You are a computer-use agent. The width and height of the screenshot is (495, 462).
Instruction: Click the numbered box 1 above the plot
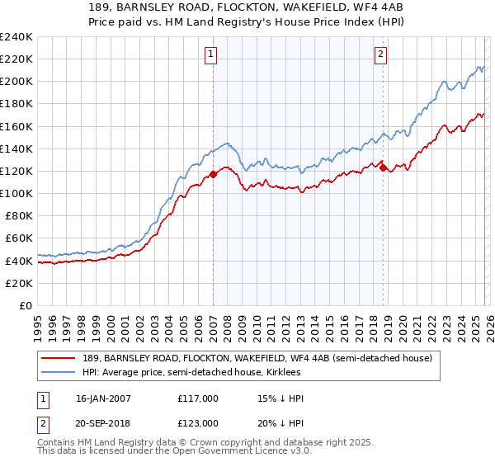pos(211,55)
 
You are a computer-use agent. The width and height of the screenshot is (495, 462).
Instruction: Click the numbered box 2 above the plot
pos(380,55)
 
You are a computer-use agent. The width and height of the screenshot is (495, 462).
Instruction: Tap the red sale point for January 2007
pos(213,174)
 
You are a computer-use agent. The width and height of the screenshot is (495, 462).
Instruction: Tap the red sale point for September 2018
pos(383,167)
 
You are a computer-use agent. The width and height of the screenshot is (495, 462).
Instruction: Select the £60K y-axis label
pos(19,238)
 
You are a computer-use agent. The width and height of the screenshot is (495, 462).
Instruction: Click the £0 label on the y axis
pos(26,305)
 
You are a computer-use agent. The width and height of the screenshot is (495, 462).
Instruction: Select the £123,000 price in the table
pos(197,423)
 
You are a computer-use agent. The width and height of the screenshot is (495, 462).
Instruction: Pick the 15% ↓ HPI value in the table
pos(280,398)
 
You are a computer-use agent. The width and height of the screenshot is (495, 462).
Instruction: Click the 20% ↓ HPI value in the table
pos(280,423)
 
